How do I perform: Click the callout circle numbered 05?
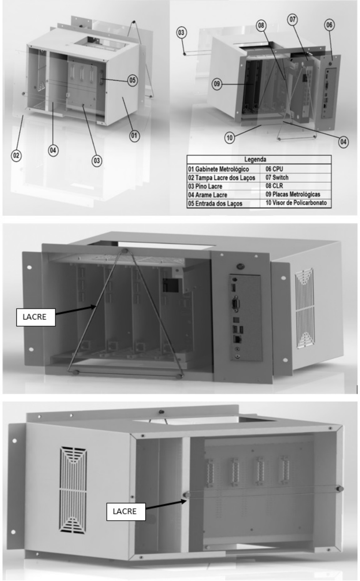(x=132, y=80)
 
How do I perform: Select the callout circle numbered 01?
(x=134, y=135)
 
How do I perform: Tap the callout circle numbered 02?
(x=16, y=156)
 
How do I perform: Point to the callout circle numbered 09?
(x=217, y=84)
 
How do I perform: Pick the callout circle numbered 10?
(x=230, y=137)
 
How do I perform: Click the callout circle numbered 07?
(x=292, y=20)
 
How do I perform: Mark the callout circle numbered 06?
(x=329, y=25)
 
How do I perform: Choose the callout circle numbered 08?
(x=261, y=25)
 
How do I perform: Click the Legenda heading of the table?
(x=255, y=159)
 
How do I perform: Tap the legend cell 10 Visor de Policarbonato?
(x=296, y=203)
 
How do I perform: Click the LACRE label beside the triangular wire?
(x=36, y=317)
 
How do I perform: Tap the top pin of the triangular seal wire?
(x=125, y=251)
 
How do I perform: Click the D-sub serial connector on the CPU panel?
(x=235, y=303)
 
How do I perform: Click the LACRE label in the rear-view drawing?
(x=126, y=512)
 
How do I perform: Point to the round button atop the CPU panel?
(x=240, y=266)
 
